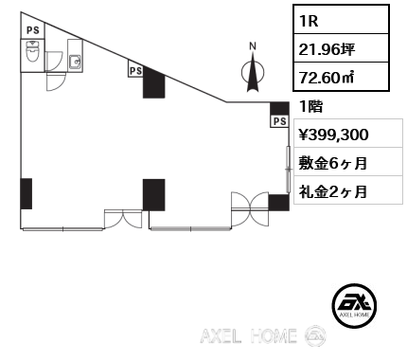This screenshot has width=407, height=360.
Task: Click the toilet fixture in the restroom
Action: (32, 56)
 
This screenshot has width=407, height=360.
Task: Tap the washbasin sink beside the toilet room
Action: (76, 63)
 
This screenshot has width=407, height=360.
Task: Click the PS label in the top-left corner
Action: (33, 29)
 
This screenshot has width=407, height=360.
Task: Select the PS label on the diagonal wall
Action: (134, 70)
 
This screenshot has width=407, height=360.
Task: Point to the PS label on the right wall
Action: (279, 121)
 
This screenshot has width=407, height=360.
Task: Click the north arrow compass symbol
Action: (252, 74)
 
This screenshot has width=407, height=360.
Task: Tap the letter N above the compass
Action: (252, 45)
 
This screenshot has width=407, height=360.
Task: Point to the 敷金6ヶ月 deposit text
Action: (332, 163)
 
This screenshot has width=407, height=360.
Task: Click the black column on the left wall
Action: (26, 193)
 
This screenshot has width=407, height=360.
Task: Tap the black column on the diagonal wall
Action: (154, 82)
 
